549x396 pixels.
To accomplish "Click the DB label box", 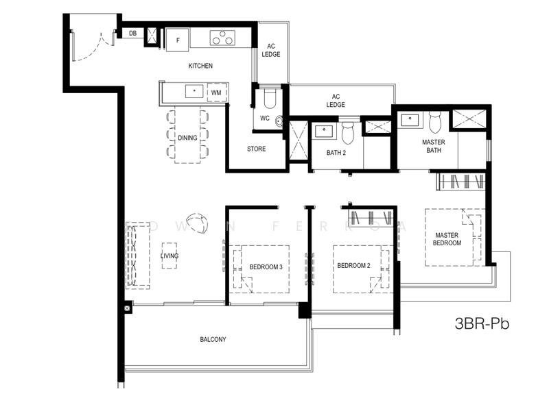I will pyautogui.click(x=132, y=32).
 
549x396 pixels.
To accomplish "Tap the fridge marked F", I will pyautogui.click(x=178, y=38).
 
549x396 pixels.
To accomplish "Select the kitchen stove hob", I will pyautogui.click(x=222, y=38).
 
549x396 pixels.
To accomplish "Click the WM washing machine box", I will pyautogui.click(x=216, y=92).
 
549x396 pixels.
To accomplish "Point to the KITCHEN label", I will pyautogui.click(x=200, y=66).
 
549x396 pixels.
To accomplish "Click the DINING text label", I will pyautogui.click(x=187, y=138).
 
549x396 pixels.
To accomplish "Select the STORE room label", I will pyautogui.click(x=257, y=149).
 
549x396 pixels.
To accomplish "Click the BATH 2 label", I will pyautogui.click(x=336, y=153).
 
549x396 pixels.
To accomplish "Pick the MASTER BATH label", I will pyautogui.click(x=433, y=147).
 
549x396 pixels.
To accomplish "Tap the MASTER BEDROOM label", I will pyautogui.click(x=447, y=238).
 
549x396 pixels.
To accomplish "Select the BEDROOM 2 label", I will pyautogui.click(x=353, y=266).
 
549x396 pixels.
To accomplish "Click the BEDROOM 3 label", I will pyautogui.click(x=266, y=267).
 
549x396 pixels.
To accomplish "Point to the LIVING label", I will pyautogui.click(x=170, y=256).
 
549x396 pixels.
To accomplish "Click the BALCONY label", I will pyautogui.click(x=213, y=340).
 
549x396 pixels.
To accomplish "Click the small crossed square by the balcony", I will pyautogui.click(x=128, y=308).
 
